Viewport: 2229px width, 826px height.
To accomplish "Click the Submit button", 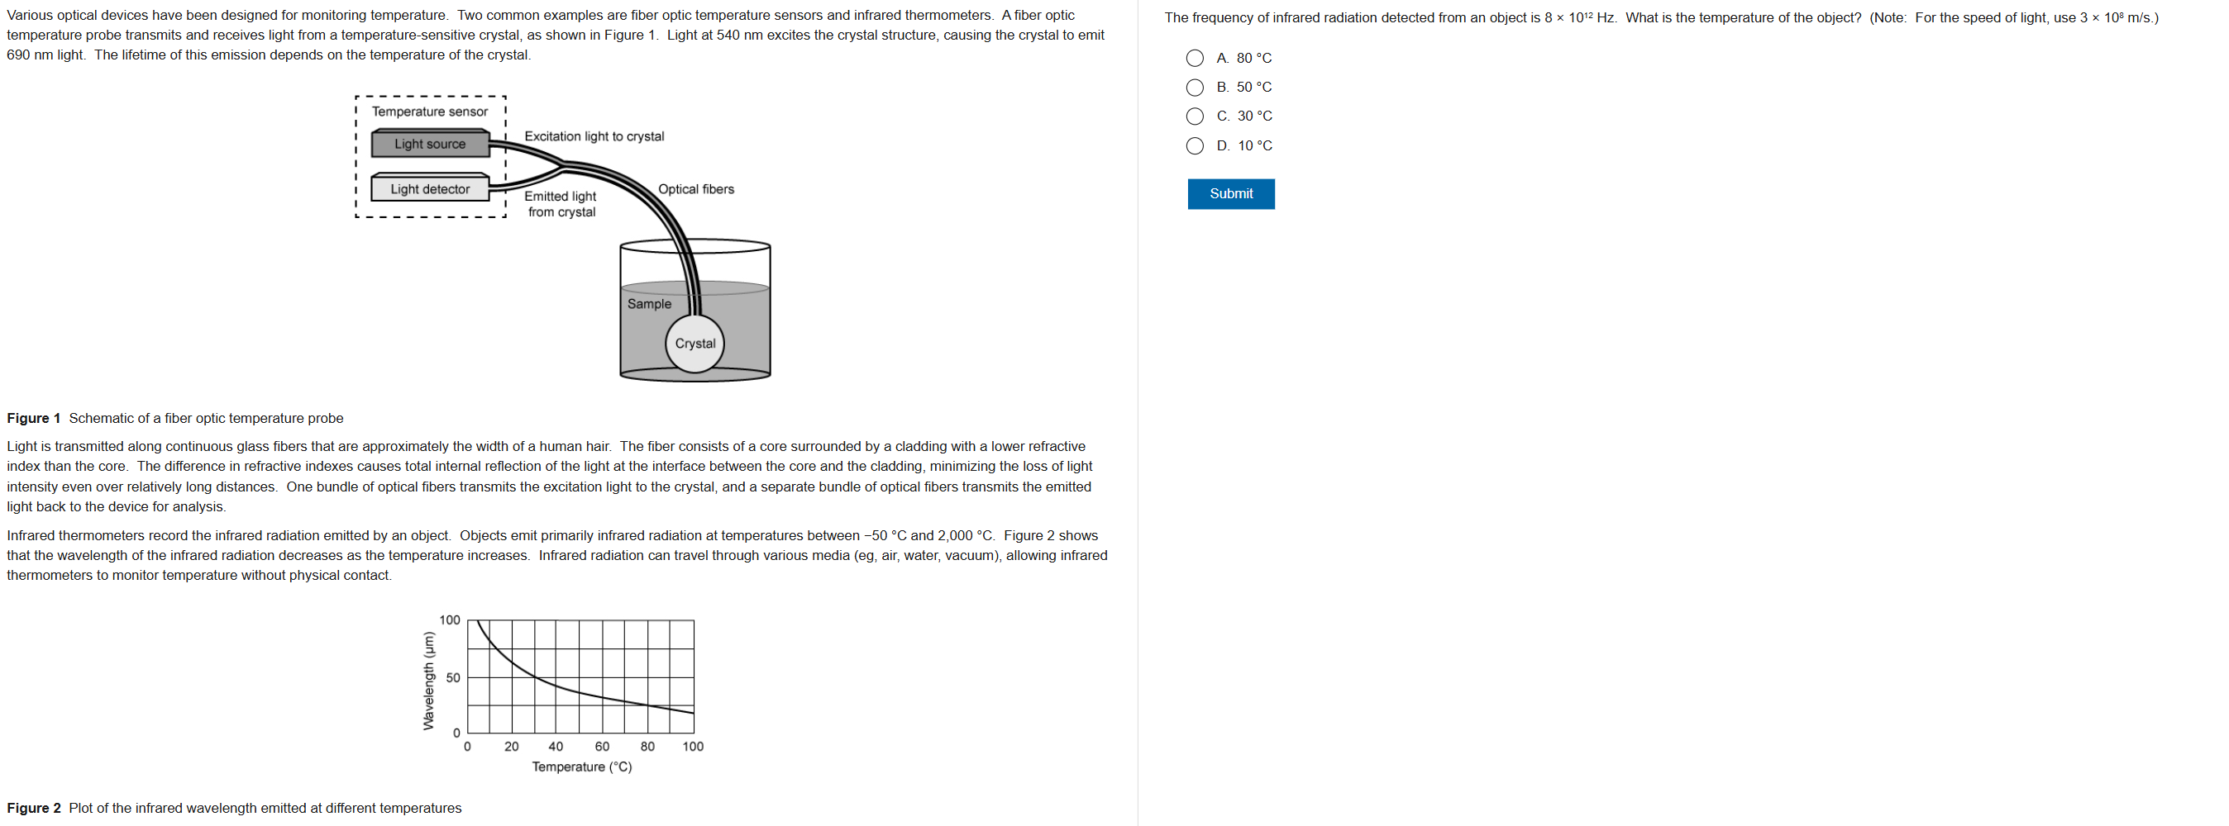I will pyautogui.click(x=1230, y=194).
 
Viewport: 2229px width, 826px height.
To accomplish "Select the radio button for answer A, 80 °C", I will pyautogui.click(x=1195, y=58).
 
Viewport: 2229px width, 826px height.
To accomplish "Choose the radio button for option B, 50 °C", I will pyautogui.click(x=1195, y=88).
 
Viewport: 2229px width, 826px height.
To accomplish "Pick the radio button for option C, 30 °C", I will pyautogui.click(x=1195, y=116).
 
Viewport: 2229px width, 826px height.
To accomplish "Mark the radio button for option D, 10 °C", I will pyautogui.click(x=1195, y=145).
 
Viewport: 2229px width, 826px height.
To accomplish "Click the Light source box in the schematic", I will pyautogui.click(x=430, y=145).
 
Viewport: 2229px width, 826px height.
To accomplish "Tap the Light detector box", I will pyautogui.click(x=430, y=188).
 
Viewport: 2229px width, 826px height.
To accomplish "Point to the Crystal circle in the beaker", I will pyautogui.click(x=694, y=344).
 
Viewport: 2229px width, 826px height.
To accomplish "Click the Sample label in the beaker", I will pyautogui.click(x=649, y=304).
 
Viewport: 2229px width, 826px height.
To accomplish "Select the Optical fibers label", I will pyautogui.click(x=695, y=188).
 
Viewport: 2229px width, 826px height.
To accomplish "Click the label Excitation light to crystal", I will pyautogui.click(x=594, y=136).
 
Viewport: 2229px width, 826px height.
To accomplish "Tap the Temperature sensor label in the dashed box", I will pyautogui.click(x=430, y=112).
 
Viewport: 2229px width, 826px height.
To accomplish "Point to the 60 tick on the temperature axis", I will pyautogui.click(x=601, y=747).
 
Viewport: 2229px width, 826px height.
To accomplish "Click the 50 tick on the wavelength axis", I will pyautogui.click(x=453, y=677).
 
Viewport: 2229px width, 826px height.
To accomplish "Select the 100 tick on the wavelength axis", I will pyautogui.click(x=450, y=620).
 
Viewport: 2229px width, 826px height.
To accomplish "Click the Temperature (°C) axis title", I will pyautogui.click(x=581, y=767).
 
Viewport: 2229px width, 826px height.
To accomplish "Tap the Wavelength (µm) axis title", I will pyautogui.click(x=427, y=681).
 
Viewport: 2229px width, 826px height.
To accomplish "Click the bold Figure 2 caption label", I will pyautogui.click(x=34, y=808).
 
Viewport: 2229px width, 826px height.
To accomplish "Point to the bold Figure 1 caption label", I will pyautogui.click(x=34, y=419).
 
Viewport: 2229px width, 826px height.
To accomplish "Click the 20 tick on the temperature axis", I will pyautogui.click(x=512, y=747).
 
